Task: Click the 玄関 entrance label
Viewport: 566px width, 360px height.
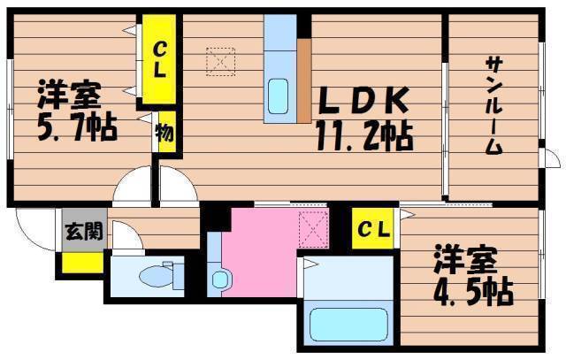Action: coord(84,231)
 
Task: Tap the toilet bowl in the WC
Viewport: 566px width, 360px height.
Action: coord(156,276)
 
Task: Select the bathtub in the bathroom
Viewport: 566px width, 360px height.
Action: coord(348,324)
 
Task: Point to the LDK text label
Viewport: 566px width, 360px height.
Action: coord(363,100)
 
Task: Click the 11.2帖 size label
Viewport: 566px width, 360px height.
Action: coord(364,135)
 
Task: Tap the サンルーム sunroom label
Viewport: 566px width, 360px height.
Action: coord(493,105)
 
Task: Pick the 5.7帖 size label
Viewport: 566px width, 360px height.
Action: coord(77,127)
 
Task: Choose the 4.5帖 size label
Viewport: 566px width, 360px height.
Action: coord(473,291)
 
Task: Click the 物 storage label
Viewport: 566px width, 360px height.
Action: coord(164,133)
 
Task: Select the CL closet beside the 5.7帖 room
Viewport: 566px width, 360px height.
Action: coord(159,59)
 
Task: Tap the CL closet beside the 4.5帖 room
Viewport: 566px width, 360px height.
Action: coord(373,228)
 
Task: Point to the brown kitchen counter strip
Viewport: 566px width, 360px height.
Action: coord(304,80)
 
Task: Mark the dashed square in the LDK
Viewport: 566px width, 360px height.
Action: coord(220,62)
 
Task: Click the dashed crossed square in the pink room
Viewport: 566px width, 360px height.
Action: coord(314,230)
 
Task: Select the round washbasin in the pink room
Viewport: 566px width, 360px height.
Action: coord(220,280)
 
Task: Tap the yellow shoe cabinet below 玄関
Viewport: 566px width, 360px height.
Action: coord(82,263)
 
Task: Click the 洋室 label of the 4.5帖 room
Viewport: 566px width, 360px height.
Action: coord(466,258)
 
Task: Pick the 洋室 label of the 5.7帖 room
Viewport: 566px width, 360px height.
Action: coord(69,94)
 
